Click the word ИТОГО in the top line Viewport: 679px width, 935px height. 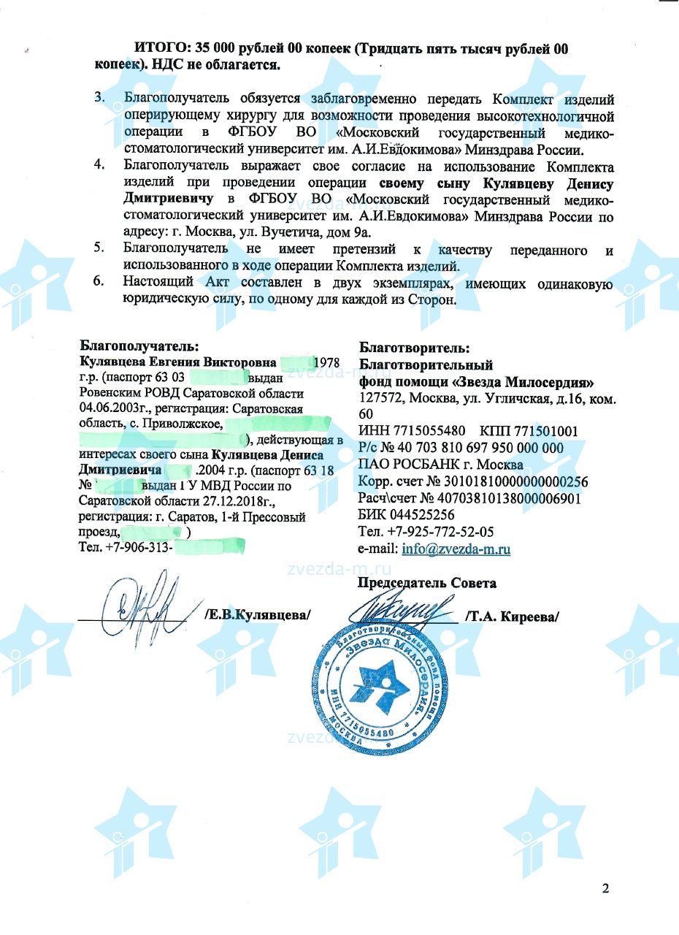160,48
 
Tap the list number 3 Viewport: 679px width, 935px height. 100,97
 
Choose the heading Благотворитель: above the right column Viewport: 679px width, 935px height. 415,348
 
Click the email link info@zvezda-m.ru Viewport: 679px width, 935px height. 456,549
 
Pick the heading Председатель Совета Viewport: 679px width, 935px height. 426,583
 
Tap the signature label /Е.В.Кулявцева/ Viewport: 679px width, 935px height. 258,615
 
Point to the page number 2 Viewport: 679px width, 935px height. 605,888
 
